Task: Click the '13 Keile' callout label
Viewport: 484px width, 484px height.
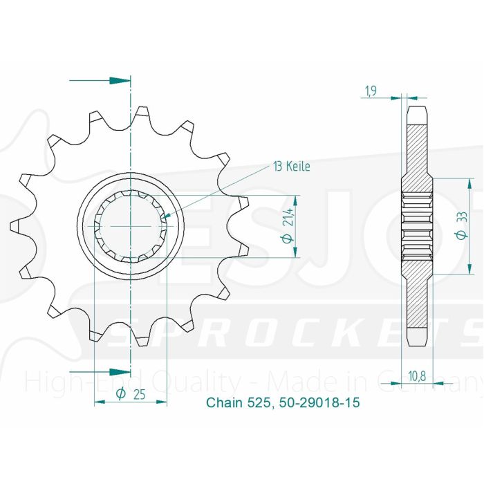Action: click(291, 167)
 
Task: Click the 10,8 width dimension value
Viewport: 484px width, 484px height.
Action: click(416, 375)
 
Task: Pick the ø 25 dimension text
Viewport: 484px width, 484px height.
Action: click(130, 394)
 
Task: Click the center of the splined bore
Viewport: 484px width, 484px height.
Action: click(131, 225)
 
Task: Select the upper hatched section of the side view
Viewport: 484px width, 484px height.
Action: click(418, 152)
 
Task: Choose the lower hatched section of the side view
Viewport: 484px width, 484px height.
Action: click(418, 297)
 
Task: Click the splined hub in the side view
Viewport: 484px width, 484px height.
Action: click(418, 225)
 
